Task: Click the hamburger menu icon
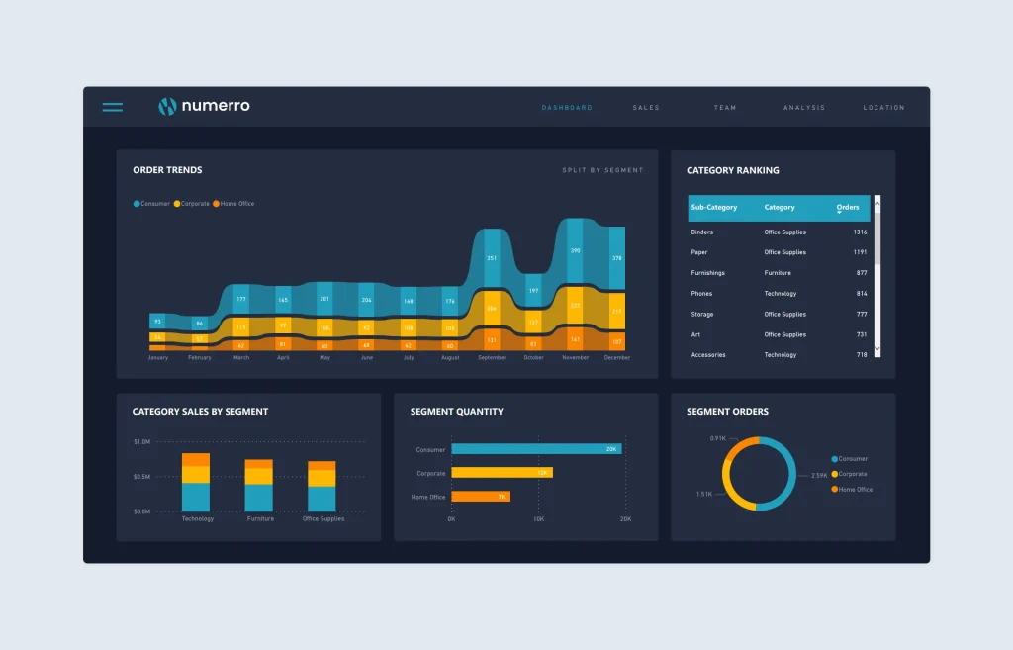click(113, 107)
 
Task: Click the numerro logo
click(205, 107)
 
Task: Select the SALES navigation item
click(646, 108)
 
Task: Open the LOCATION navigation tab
click(883, 108)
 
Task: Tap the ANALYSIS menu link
click(803, 108)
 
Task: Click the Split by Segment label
click(602, 170)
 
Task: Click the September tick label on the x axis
click(492, 358)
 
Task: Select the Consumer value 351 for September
click(492, 259)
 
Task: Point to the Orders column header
click(848, 208)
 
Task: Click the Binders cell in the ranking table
click(701, 232)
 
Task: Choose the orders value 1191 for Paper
click(860, 252)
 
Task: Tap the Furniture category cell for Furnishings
click(778, 273)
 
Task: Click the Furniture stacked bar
click(259, 485)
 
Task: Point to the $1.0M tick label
click(141, 442)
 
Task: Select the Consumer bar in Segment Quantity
click(535, 449)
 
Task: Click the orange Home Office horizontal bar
click(481, 497)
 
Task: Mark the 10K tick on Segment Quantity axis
click(538, 519)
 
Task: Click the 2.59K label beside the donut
click(819, 476)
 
